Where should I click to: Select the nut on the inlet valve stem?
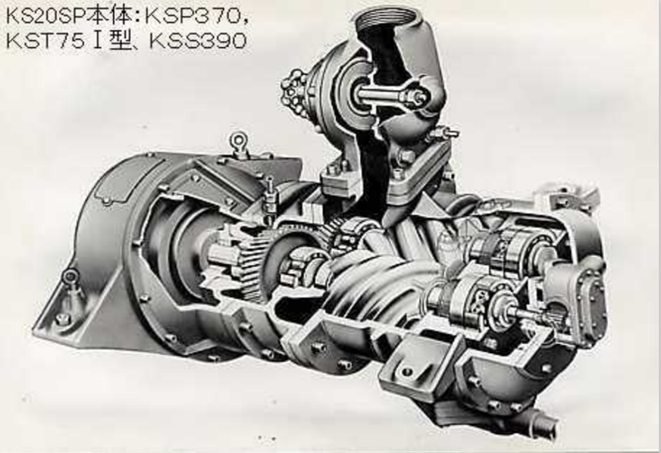point(413,97)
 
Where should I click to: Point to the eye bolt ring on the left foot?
point(70,276)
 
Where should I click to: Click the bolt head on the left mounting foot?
point(62,318)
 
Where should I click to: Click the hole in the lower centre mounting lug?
point(408,371)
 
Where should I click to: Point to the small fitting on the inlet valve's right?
point(443,135)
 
